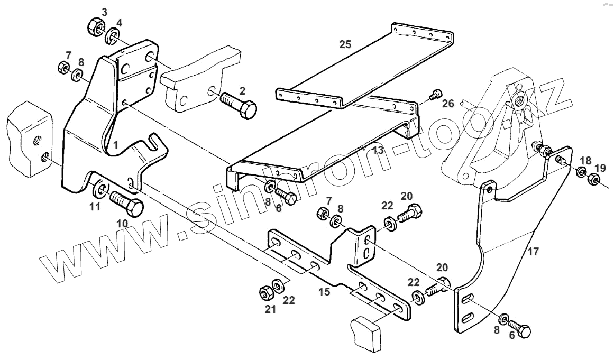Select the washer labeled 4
pos(113,38)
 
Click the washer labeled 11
pos(100,190)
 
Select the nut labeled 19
pos(593,181)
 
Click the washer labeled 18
pos(581,172)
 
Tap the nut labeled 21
pos(265,292)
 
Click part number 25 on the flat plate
pos(345,45)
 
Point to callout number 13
pos(378,151)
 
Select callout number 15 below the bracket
pos(324,291)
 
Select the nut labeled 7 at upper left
pos(62,68)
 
